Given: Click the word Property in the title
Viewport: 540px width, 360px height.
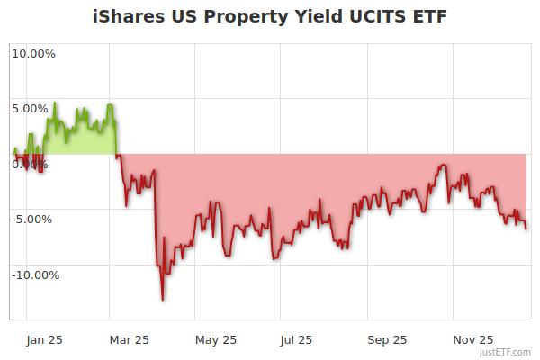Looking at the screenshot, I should (236, 17).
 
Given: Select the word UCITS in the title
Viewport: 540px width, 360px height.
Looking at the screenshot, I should (367, 17).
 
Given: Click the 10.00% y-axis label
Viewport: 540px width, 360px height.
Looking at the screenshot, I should (33, 53).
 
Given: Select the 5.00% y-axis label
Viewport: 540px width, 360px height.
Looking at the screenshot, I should (30, 109).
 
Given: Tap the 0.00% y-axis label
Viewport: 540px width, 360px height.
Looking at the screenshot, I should (30, 164).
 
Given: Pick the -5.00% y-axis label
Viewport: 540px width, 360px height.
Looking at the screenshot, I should (31, 219).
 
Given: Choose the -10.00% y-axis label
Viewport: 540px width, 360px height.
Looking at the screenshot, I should (35, 274).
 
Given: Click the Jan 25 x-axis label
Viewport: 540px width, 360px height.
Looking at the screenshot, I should (45, 339).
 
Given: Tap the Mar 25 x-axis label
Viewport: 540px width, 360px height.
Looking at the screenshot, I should (129, 339).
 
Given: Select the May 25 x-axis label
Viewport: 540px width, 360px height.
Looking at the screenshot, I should (216, 339).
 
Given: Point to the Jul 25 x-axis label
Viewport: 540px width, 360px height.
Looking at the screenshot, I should (297, 339).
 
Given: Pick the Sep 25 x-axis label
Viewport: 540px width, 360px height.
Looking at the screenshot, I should (388, 339).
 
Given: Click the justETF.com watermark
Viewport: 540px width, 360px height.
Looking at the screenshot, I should (505, 352).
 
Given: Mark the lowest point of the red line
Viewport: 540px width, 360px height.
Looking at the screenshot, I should (163, 300).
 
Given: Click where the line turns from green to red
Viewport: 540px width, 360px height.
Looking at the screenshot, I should (118, 155).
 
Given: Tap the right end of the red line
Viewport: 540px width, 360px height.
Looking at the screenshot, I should (526, 228).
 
